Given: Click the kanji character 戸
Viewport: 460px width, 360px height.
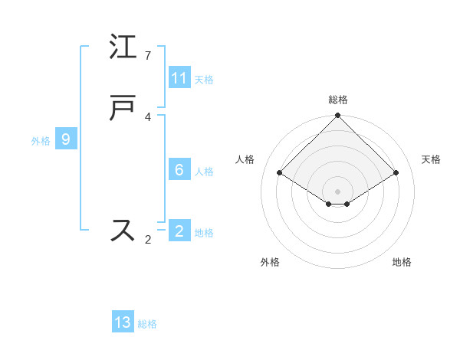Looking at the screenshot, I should (123, 109).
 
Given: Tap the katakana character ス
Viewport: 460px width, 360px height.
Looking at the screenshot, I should (123, 231).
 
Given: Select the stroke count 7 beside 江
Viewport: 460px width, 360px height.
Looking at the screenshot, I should (148, 56).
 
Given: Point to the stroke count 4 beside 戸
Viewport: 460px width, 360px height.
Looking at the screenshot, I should (148, 117).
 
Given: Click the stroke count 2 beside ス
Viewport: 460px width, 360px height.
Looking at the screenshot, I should (148, 240).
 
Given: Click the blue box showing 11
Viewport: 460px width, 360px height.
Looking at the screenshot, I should (179, 78).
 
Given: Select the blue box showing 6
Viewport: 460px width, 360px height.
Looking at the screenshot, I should (179, 170).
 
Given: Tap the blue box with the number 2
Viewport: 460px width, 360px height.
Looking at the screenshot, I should (179, 231).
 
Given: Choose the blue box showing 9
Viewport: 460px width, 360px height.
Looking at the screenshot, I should (66, 139).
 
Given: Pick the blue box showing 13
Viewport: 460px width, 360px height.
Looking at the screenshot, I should (123, 322).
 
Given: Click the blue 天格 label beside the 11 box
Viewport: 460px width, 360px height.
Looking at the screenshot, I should (204, 79).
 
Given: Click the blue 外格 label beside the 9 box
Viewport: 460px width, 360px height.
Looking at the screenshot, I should (41, 140).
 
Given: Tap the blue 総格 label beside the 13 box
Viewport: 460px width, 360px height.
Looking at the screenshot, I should (147, 324).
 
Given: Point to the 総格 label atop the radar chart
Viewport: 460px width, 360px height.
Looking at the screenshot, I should (338, 100).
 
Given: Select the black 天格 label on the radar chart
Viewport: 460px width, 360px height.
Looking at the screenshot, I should (432, 159).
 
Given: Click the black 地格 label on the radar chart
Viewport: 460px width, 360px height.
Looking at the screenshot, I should (402, 262).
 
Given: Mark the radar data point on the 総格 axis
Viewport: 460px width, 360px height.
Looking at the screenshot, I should (338, 116).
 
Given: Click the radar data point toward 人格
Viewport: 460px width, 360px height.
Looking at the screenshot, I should (280, 172).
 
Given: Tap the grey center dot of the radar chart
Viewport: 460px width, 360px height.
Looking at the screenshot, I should (338, 191).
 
